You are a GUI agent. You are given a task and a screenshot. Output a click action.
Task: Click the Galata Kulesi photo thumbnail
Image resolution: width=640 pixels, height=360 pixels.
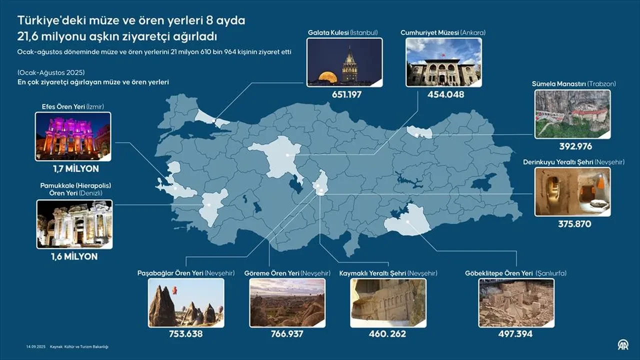point(344,62)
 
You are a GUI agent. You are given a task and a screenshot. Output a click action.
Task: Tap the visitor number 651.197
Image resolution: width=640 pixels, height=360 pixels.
point(344,94)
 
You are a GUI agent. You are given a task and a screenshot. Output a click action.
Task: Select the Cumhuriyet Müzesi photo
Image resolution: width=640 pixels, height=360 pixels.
point(443,62)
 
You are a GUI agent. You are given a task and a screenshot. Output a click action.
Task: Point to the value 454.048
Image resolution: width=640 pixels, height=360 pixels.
point(445,94)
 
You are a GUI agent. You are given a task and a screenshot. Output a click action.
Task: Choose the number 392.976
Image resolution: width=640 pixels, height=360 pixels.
point(575,146)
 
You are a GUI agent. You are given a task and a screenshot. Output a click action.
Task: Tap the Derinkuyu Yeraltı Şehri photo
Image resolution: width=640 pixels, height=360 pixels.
point(572,191)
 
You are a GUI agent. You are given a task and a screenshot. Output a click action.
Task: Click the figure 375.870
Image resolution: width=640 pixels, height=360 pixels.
point(574,224)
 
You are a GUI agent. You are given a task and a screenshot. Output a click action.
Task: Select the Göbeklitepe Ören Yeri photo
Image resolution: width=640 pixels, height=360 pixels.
point(516,302)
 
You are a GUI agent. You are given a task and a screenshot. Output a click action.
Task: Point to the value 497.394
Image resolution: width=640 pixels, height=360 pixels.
point(515,334)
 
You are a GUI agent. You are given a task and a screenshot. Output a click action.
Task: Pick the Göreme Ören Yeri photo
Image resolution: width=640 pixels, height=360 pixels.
point(287,302)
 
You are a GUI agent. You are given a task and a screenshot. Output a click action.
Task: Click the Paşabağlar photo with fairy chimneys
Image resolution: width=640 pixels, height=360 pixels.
point(186,302)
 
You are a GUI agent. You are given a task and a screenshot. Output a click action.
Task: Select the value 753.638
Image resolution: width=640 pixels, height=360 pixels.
point(186,334)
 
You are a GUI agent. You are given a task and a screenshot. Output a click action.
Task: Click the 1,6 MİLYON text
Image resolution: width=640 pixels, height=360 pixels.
point(74,256)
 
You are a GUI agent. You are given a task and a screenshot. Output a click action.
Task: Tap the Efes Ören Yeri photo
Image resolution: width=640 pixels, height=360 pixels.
point(73,136)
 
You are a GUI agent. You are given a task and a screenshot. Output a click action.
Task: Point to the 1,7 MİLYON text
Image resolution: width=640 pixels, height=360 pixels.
point(75,169)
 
